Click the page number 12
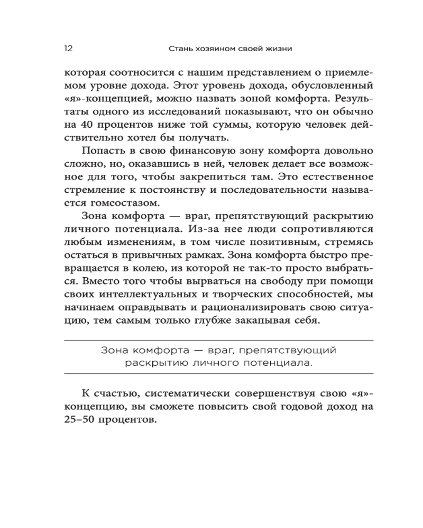click(68, 49)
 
